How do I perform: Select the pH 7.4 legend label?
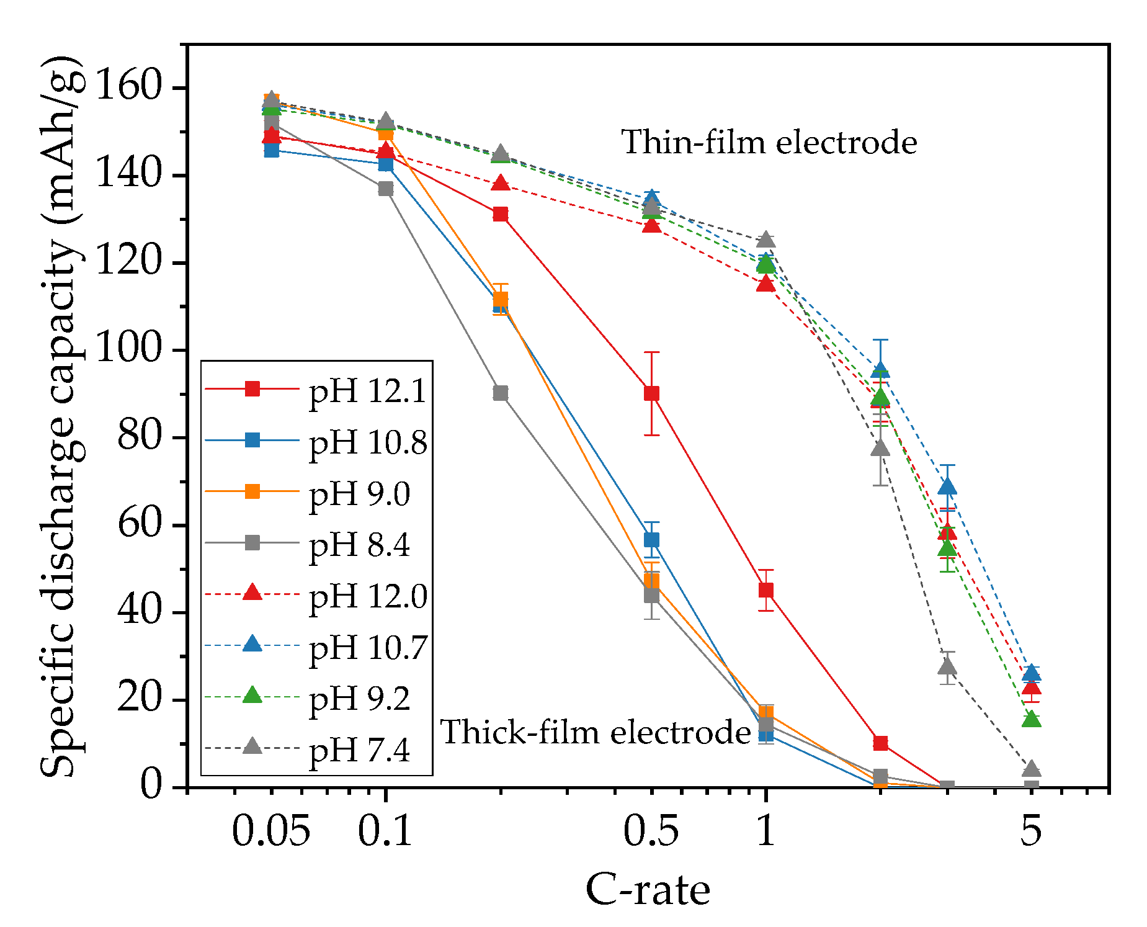coord(359,750)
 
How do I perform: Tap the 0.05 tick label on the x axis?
coord(270,831)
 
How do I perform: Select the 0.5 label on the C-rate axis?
coord(651,831)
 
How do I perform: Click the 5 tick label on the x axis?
coord(1030,831)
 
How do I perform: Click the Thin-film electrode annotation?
coord(769,142)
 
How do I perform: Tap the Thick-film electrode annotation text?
coord(596,732)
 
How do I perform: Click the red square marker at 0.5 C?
coord(651,393)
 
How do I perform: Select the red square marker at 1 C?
coord(766,590)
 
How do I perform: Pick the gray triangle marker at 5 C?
coord(1031,769)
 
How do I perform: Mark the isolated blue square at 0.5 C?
coord(651,540)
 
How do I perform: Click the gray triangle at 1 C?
coord(766,240)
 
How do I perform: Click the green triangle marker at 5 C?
coord(1031,719)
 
